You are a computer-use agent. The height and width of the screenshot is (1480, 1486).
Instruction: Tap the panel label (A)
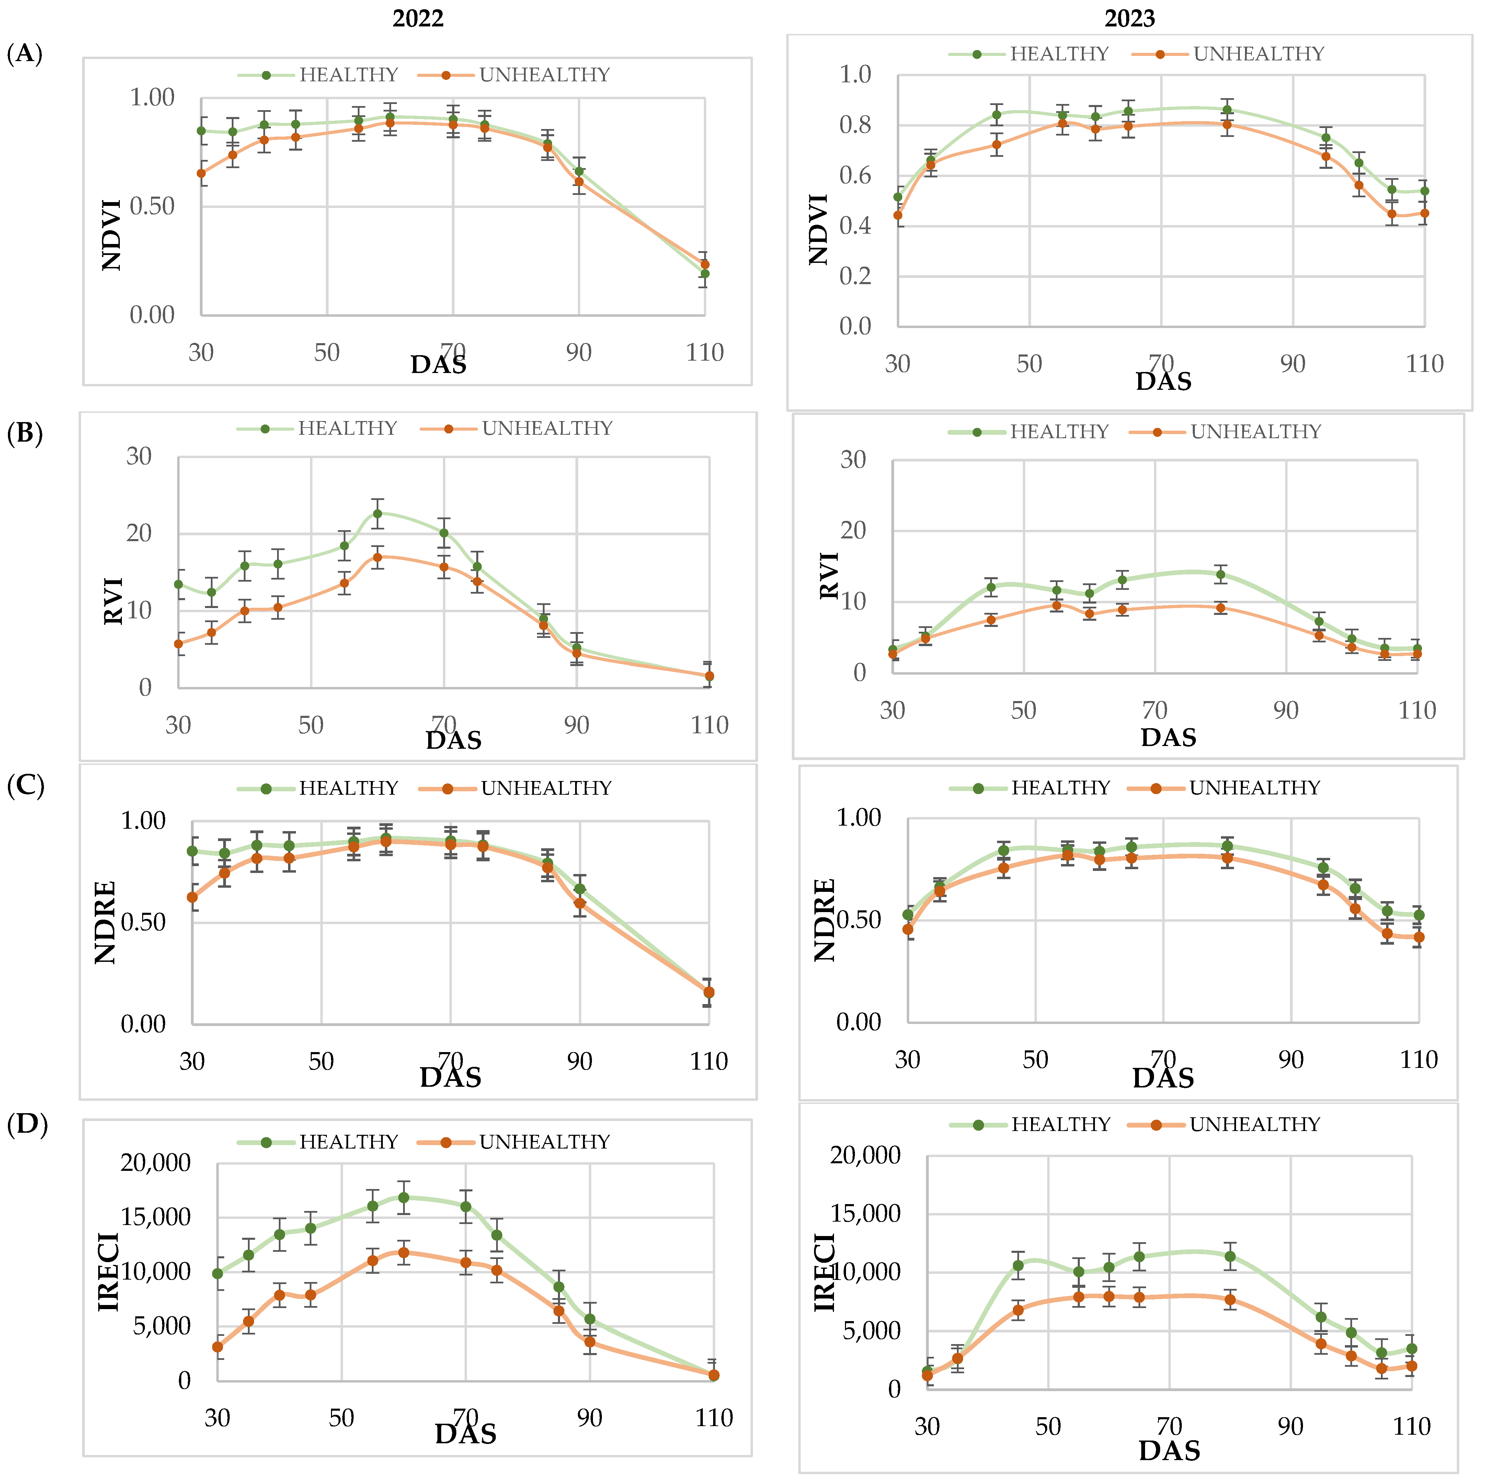[24, 54]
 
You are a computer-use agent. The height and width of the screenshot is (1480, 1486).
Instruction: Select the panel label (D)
[27, 1124]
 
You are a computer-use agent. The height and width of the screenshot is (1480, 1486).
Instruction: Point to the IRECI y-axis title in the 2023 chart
[824, 1272]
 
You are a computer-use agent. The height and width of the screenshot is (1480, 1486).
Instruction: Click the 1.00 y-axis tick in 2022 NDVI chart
[152, 98]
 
